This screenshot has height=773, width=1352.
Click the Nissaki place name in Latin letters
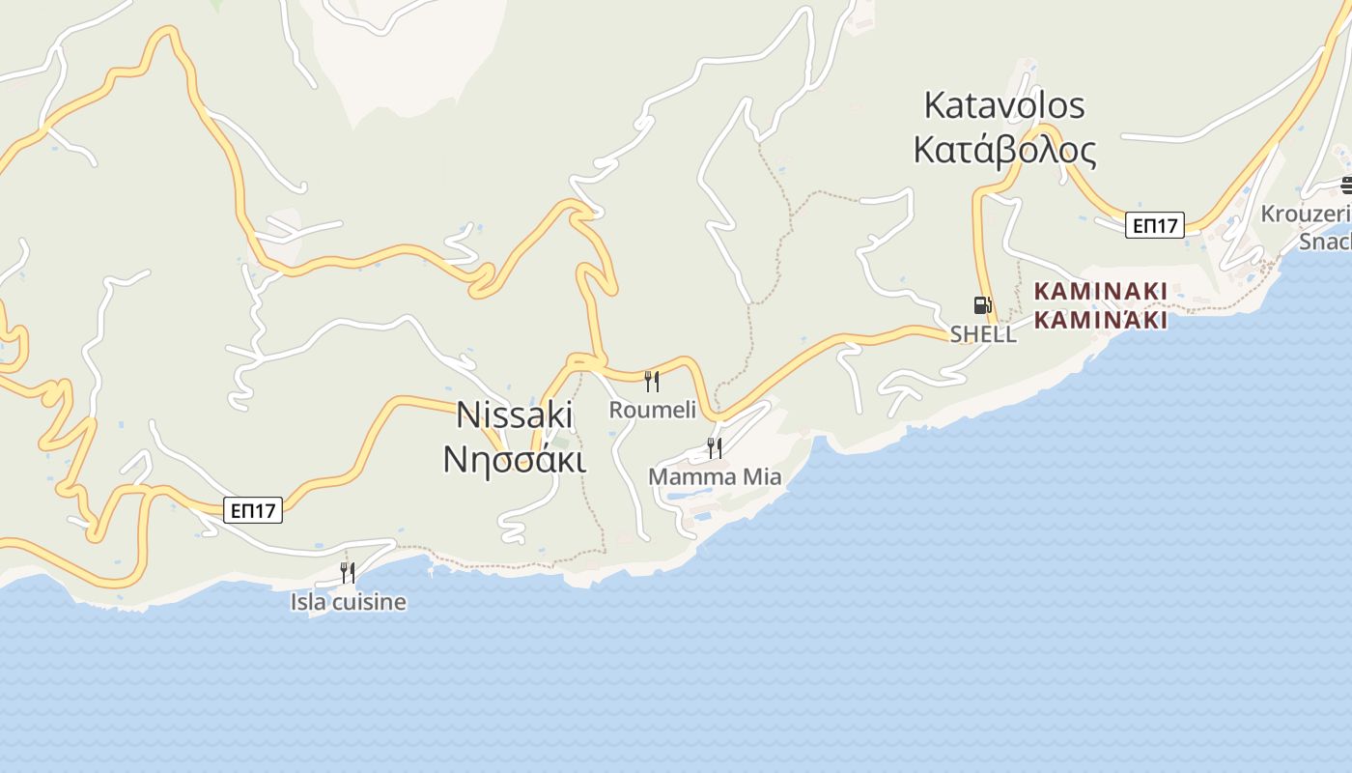pyautogui.click(x=515, y=415)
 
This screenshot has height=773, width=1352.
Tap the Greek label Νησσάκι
pyautogui.click(x=515, y=459)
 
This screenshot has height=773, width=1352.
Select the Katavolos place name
pyautogui.click(x=1004, y=105)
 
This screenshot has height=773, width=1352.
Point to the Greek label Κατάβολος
pyautogui.click(x=1004, y=151)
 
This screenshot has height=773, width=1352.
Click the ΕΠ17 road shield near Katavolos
pyautogui.click(x=1155, y=225)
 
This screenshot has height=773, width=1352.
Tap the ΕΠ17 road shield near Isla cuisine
pyautogui.click(x=253, y=510)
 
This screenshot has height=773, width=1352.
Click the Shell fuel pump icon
pyautogui.click(x=982, y=305)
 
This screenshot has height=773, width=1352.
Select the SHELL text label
pyautogui.click(x=983, y=334)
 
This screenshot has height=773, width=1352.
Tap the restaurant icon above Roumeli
pyautogui.click(x=652, y=382)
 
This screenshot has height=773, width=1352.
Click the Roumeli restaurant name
pyautogui.click(x=652, y=410)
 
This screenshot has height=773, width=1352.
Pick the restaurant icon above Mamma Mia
pyautogui.click(x=715, y=447)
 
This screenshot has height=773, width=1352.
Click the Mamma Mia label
pyautogui.click(x=715, y=476)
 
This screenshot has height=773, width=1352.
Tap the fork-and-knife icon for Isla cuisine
pyautogui.click(x=348, y=573)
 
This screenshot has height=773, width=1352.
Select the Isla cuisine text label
pyautogui.click(x=348, y=602)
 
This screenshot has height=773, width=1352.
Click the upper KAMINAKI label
pyautogui.click(x=1101, y=291)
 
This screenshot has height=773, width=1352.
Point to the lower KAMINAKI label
pyautogui.click(x=1101, y=320)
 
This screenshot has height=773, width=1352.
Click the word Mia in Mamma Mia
pyautogui.click(x=760, y=476)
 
